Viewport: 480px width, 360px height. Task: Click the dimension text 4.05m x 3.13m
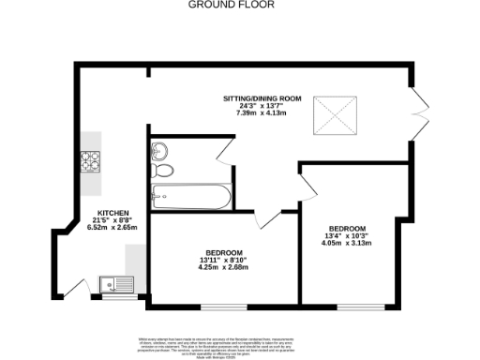click(x=348, y=243)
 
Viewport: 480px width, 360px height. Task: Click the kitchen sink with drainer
click(x=118, y=281)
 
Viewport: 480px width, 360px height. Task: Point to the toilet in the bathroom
click(x=164, y=171)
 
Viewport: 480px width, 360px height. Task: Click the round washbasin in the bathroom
click(x=159, y=150)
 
